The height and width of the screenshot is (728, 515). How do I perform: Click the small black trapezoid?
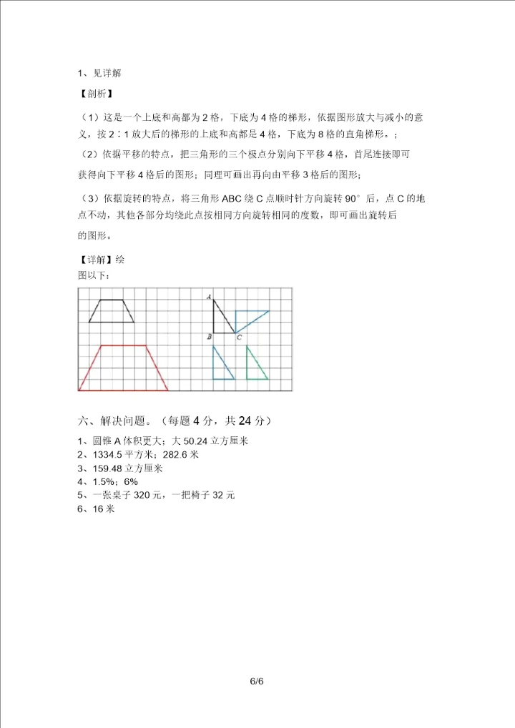[112, 311]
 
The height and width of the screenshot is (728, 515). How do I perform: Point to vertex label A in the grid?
[208, 296]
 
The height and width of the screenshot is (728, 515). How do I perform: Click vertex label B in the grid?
[208, 336]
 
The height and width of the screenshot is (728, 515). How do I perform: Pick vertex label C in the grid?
[239, 338]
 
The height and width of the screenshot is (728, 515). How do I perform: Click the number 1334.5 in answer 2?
[107, 455]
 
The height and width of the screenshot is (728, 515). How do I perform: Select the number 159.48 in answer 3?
[109, 468]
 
